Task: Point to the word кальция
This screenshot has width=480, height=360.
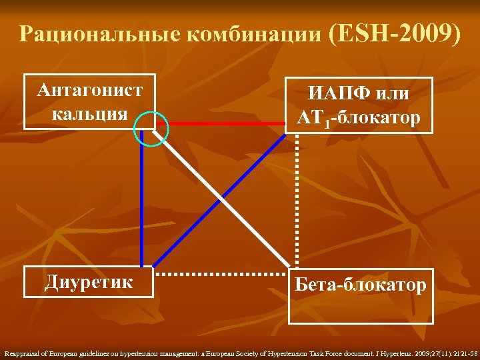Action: (x=89, y=113)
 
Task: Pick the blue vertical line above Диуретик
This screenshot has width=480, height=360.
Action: (x=142, y=200)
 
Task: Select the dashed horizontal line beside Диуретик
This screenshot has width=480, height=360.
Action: (x=221, y=274)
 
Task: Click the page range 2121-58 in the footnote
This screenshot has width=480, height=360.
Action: (x=463, y=352)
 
